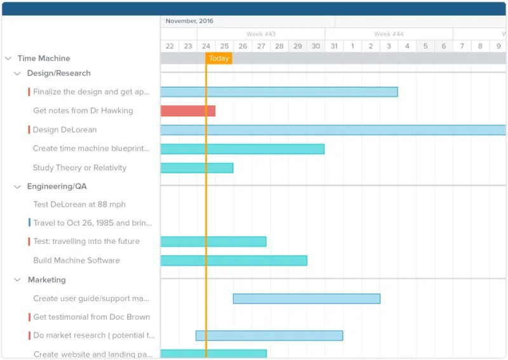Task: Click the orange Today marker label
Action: [219, 58]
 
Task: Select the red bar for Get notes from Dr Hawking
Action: [187, 111]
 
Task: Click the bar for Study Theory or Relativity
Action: [197, 168]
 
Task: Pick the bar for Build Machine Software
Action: [234, 260]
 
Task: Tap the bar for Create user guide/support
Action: [306, 298]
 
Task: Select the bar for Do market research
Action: [269, 335]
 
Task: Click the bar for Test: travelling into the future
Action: [213, 241]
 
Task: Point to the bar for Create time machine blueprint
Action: [242, 149]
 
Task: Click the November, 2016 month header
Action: [189, 21]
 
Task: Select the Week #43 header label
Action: [261, 34]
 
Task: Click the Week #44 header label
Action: [389, 34]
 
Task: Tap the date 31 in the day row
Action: [334, 46]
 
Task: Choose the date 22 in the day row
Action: [170, 46]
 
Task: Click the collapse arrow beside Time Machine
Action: [8, 58]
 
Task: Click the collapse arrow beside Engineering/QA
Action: [18, 187]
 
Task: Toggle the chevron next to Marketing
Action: [18, 280]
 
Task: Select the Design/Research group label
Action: [58, 74]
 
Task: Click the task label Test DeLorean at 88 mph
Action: [79, 204]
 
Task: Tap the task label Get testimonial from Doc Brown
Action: [91, 317]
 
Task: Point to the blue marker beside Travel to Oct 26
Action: [29, 223]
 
